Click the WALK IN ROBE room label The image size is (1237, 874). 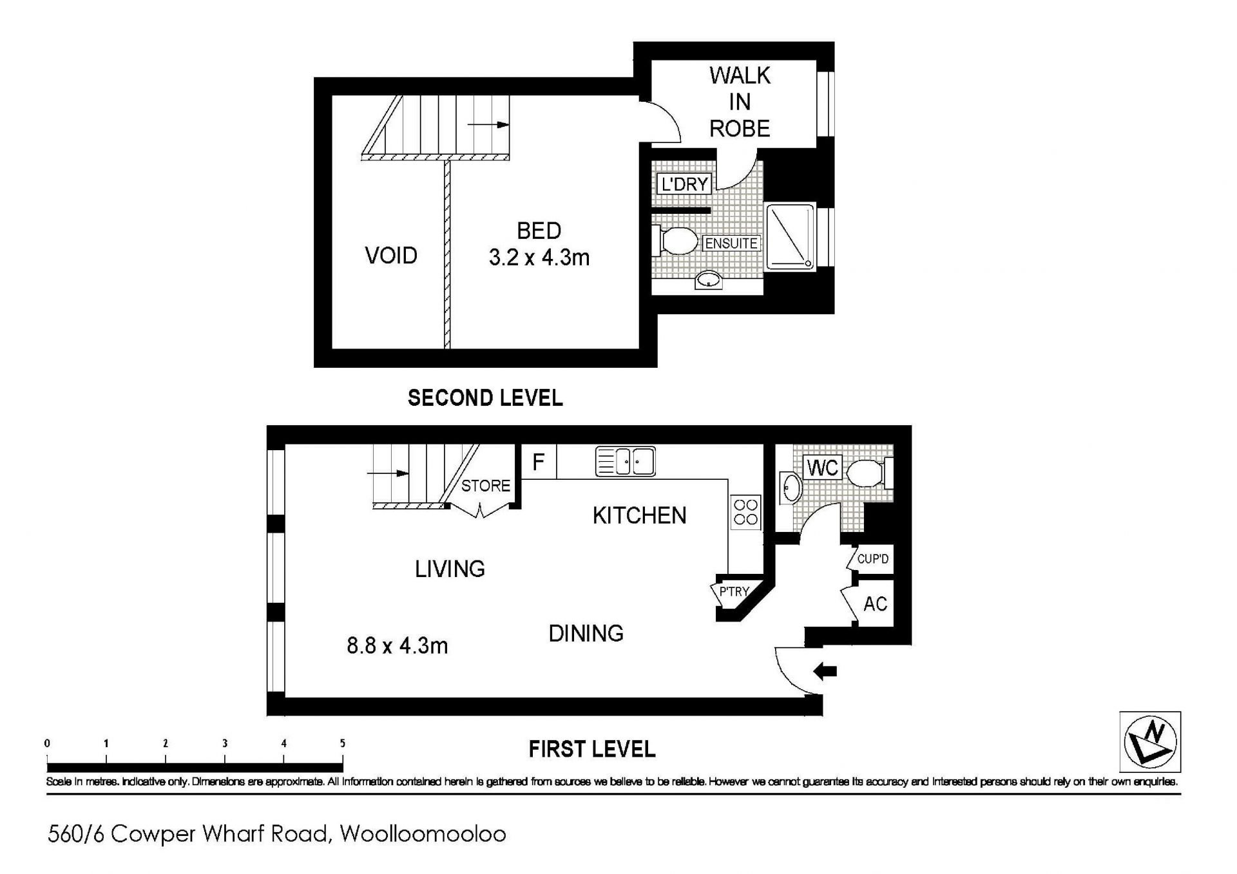click(740, 102)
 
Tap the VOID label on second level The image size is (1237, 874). click(391, 256)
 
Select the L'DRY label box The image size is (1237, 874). click(684, 184)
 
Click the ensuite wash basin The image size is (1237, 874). click(709, 280)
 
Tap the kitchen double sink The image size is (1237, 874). click(626, 461)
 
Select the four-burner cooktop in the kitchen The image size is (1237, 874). click(746, 512)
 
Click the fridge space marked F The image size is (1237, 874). click(539, 462)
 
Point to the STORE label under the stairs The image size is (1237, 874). click(486, 486)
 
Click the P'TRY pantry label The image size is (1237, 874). click(734, 591)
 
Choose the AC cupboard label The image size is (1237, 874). click(875, 604)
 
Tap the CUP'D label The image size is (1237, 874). click(872, 558)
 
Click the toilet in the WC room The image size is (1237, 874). click(870, 473)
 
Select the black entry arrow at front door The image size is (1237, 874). click(825, 672)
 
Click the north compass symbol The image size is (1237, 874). click(1150, 741)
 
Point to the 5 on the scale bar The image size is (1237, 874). click(343, 743)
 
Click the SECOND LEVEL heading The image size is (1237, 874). click(485, 398)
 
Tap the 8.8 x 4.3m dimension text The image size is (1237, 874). click(397, 645)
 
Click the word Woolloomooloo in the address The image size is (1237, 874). click(423, 834)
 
